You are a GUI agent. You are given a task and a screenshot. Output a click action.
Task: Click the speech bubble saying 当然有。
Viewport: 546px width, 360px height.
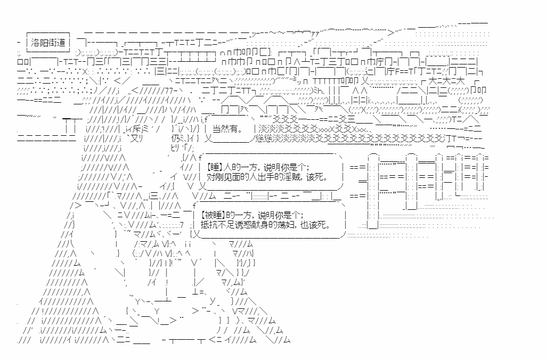(x=227, y=129)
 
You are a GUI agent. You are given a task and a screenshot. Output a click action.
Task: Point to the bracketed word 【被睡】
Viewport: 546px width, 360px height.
(x=214, y=215)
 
